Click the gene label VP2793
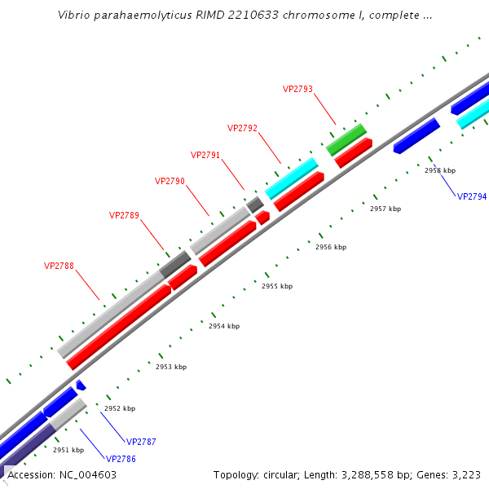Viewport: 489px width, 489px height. tap(297, 89)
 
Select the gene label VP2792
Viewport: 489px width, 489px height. tap(242, 128)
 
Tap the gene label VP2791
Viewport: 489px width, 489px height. tap(205, 155)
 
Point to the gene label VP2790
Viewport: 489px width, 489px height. tap(170, 181)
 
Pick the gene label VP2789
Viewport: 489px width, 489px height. tap(124, 215)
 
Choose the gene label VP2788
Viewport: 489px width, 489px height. tap(59, 266)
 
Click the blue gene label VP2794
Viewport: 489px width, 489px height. tap(472, 196)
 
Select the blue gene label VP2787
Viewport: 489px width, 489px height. tap(141, 442)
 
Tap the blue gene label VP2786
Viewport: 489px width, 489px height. tap(121, 459)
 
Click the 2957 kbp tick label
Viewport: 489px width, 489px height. tap(385, 209)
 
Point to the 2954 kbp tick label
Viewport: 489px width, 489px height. tap(224, 326)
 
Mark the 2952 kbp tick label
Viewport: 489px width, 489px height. tap(120, 408)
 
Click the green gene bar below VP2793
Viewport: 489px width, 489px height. tap(346, 139)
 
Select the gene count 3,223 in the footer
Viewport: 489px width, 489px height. tap(465, 474)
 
